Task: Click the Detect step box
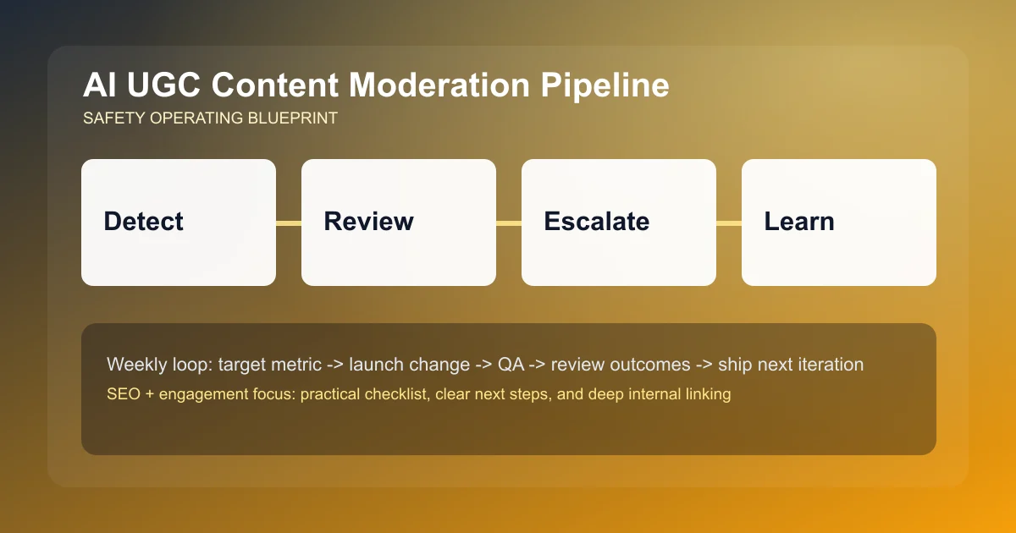pos(178,222)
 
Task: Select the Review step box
pos(398,222)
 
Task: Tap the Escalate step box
pos(618,222)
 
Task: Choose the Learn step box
pos(838,222)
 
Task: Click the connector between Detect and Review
pos(289,223)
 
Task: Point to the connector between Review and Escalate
pos(509,223)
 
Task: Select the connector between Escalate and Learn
pos(729,223)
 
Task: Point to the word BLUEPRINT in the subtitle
pos(294,118)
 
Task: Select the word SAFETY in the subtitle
pos(113,118)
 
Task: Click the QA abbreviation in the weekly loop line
pos(511,365)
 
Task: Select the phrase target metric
pos(268,365)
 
